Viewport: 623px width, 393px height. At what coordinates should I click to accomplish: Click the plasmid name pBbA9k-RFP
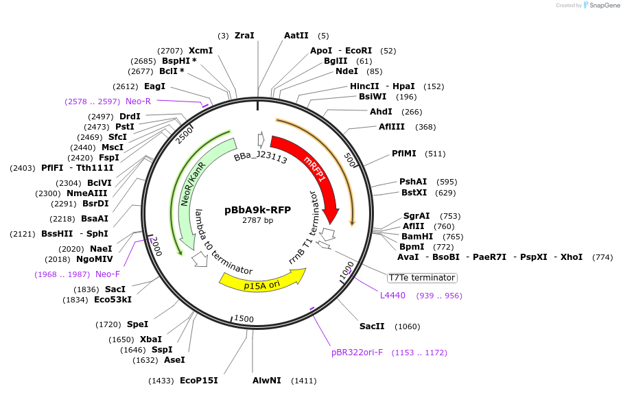pyautogui.click(x=257, y=210)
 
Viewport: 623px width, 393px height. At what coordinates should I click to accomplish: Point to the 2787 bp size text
pyautogui.click(x=257, y=220)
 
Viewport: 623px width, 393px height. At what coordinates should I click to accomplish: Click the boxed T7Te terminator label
pyautogui.click(x=421, y=278)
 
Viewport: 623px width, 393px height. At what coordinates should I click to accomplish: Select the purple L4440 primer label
pyautogui.click(x=392, y=296)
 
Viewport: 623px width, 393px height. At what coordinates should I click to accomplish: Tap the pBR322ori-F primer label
pyautogui.click(x=357, y=353)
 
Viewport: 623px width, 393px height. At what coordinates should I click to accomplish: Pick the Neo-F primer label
pyautogui.click(x=108, y=274)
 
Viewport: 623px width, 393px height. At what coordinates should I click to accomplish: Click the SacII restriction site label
pyautogui.click(x=372, y=326)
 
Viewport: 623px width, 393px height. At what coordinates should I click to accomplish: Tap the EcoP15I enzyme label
pyautogui.click(x=198, y=380)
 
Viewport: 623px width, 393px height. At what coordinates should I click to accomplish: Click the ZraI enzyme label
pyautogui.click(x=244, y=36)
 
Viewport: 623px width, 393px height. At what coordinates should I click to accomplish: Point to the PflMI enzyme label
pyautogui.click(x=404, y=154)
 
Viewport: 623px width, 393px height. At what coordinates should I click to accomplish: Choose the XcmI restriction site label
pyautogui.click(x=200, y=51)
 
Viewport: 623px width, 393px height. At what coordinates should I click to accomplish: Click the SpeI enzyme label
pyautogui.click(x=137, y=324)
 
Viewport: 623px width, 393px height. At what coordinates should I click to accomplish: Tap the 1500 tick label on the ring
pyautogui.click(x=244, y=319)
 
